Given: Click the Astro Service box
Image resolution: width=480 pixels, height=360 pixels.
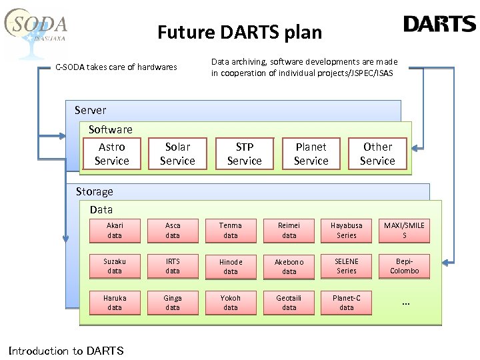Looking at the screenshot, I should pyautogui.click(x=111, y=153).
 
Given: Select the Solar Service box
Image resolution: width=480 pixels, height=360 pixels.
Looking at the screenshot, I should pyautogui.click(x=177, y=153).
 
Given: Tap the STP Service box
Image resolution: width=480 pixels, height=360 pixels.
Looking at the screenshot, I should pyautogui.click(x=244, y=153).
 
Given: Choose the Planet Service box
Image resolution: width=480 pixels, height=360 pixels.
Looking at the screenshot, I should pyautogui.click(x=311, y=153).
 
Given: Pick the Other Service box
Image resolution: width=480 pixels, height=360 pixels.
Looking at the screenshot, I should pyautogui.click(x=377, y=153).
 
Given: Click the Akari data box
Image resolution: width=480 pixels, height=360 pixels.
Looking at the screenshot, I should pyautogui.click(x=115, y=230).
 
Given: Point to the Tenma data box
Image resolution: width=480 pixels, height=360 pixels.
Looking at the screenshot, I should pyautogui.click(x=231, y=230).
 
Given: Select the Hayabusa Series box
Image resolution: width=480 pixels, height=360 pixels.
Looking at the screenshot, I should pyautogui.click(x=347, y=230).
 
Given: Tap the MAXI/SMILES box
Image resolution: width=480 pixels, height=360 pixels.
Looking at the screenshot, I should pyautogui.click(x=404, y=230).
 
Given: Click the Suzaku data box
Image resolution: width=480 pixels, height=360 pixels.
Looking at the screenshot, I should pyautogui.click(x=115, y=266).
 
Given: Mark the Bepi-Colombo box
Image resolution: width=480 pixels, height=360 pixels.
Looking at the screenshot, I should pyautogui.click(x=404, y=266).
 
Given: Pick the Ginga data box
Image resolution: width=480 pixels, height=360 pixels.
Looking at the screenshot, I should pyautogui.click(x=173, y=303).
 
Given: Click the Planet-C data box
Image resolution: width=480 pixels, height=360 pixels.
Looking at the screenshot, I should pyautogui.click(x=347, y=303).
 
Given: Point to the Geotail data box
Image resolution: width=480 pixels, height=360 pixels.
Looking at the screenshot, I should pyautogui.click(x=289, y=303).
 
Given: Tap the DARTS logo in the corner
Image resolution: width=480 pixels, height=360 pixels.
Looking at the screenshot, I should pyautogui.click(x=439, y=25).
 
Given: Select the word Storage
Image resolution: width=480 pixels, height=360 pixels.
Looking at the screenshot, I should pyautogui.click(x=94, y=191).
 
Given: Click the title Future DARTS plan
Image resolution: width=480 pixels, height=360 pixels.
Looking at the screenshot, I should pyautogui.click(x=239, y=32).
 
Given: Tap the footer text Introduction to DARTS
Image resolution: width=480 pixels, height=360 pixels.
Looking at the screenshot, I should pyautogui.click(x=65, y=351).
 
